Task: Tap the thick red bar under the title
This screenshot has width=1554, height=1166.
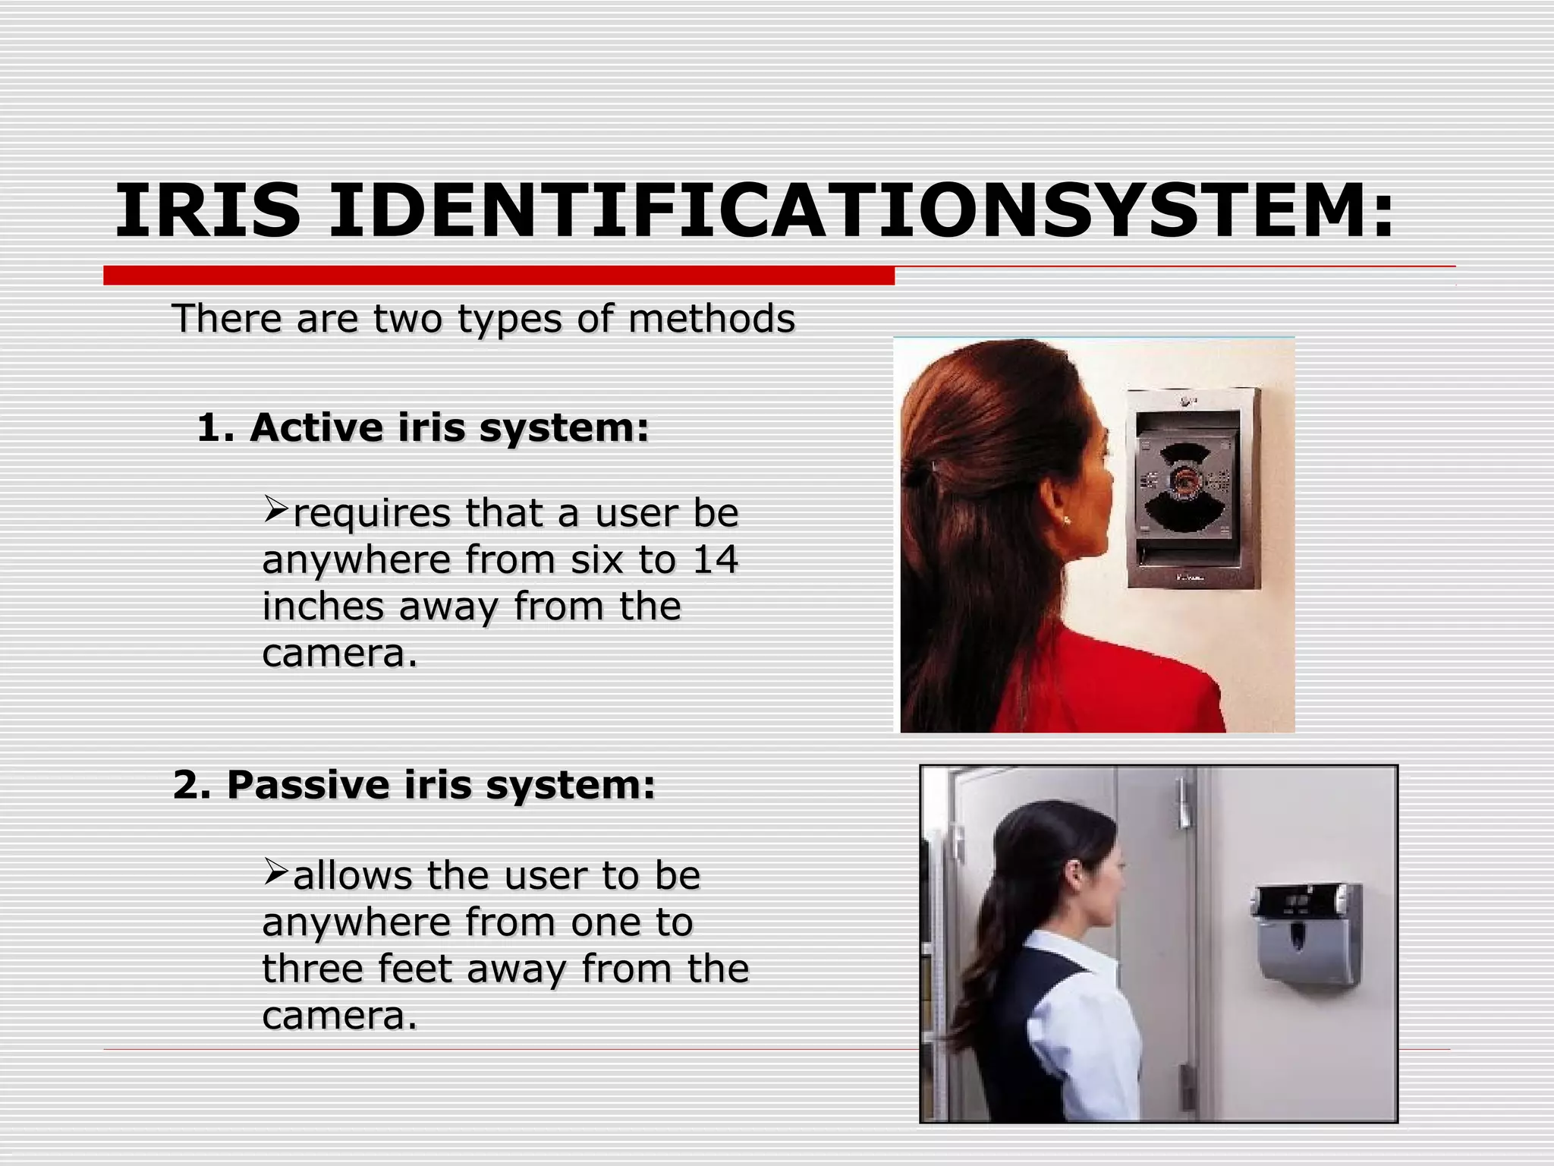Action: point(499,276)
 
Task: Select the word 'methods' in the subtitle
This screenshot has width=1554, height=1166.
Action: point(711,318)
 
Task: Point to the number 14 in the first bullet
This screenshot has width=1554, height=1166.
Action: point(715,559)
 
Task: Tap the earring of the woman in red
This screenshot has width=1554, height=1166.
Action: point(1068,521)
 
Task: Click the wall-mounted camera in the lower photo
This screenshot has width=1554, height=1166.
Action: point(1306,934)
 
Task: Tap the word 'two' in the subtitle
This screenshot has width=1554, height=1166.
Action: point(407,318)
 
